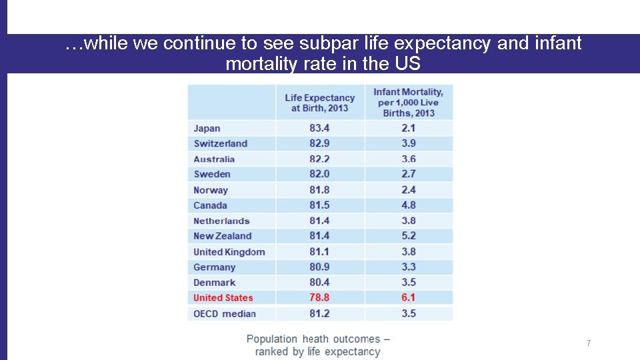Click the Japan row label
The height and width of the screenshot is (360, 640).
[207, 128]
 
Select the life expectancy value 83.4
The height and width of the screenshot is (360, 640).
[319, 128]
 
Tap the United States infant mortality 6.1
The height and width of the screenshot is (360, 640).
[409, 297]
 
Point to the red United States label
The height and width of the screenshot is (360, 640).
[223, 298]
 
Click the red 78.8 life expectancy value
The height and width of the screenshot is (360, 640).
[319, 297]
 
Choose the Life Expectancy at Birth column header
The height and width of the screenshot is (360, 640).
[319, 103]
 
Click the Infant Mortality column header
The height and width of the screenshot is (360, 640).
[408, 102]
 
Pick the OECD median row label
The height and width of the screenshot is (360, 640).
[225, 313]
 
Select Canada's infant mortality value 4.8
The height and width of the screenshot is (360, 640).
[409, 205]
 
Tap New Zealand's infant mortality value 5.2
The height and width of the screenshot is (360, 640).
[409, 236]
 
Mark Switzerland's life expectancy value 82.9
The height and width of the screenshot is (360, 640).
[319, 143]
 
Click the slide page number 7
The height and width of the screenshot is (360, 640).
[589, 343]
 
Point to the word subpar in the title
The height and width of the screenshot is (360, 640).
[323, 44]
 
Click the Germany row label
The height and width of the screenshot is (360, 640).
[215, 267]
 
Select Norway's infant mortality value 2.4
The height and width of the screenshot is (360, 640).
[409, 190]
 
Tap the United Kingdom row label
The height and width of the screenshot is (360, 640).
[229, 252]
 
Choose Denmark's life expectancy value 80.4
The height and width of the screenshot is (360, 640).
[319, 282]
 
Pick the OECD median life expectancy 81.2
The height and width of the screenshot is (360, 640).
[319, 313]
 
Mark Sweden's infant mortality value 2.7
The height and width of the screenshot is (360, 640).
[409, 174]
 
